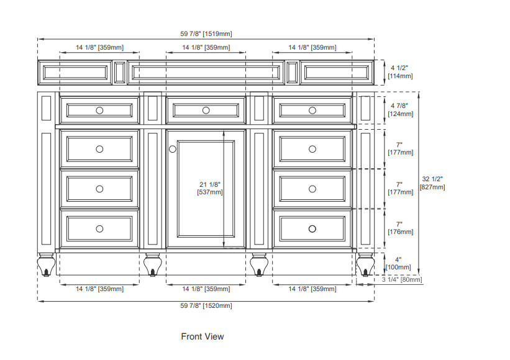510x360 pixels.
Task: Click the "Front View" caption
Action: tap(203, 336)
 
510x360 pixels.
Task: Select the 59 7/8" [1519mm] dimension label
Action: tap(206, 34)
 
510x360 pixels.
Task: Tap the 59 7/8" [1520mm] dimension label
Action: tap(206, 306)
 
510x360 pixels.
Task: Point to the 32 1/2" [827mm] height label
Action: tap(432, 183)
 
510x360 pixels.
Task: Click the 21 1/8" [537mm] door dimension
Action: tap(210, 189)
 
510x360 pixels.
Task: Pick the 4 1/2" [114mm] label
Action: tap(400, 72)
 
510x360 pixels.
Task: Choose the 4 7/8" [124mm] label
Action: tap(400, 110)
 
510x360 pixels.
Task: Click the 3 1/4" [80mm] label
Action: tap(402, 279)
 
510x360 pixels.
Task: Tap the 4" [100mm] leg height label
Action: tap(398, 264)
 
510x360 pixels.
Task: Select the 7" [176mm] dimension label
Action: tap(400, 228)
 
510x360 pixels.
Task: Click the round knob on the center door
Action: tap(173, 149)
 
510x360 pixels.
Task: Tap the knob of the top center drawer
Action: tap(206, 110)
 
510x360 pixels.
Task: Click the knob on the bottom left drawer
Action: tap(99, 229)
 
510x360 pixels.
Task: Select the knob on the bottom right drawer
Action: tap(312, 229)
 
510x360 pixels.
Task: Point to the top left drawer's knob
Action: tap(99, 110)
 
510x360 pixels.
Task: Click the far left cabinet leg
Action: tap(46, 265)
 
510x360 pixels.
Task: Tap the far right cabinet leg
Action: tap(365, 265)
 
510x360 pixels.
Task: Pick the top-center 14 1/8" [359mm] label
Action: tap(206, 47)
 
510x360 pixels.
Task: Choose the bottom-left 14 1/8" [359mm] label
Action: tap(99, 289)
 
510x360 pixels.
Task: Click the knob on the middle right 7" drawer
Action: tap(312, 189)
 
